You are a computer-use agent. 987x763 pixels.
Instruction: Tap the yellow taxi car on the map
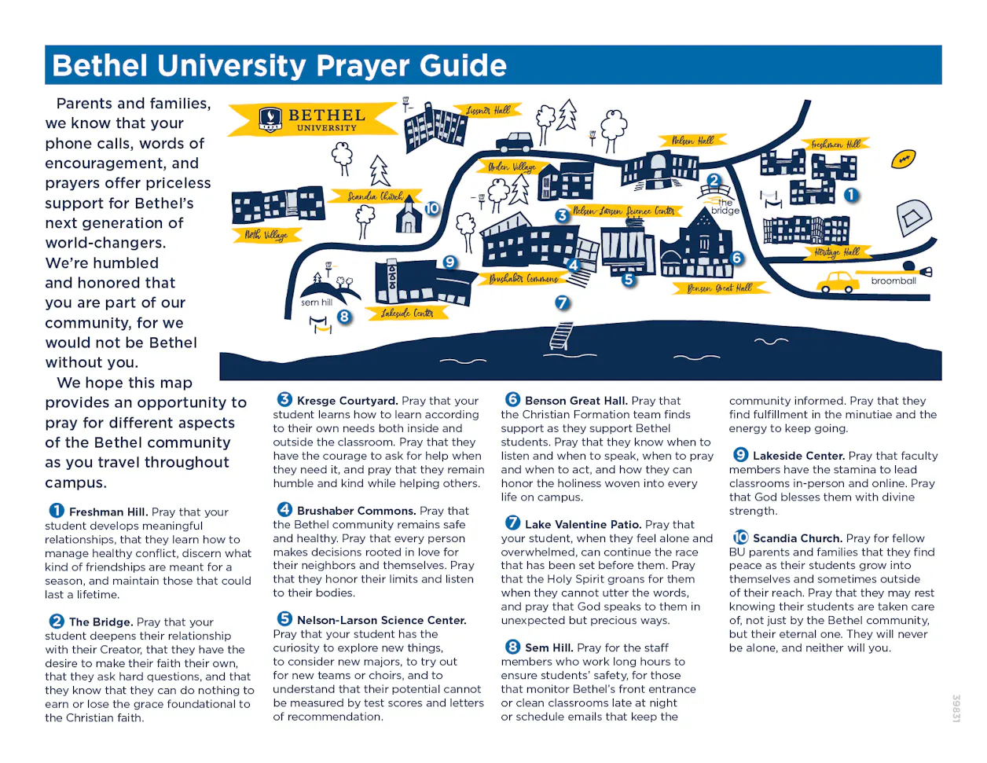pyautogui.click(x=838, y=281)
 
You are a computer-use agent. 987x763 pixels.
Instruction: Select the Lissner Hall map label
pyautogui.click(x=488, y=111)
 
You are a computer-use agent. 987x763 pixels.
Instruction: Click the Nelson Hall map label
pyautogui.click(x=692, y=141)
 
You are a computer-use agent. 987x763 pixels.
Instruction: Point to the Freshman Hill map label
pyautogui.click(x=835, y=145)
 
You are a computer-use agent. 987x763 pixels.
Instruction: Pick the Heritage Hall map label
pyautogui.click(x=837, y=252)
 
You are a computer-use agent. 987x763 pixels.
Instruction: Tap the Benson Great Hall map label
pyautogui.click(x=719, y=288)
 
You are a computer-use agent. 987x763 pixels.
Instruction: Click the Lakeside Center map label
pyautogui.click(x=407, y=313)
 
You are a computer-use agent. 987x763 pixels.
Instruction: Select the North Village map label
pyautogui.click(x=266, y=234)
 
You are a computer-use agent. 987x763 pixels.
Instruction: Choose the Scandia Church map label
pyautogui.click(x=375, y=196)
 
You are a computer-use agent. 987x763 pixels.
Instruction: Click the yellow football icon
pyautogui.click(x=904, y=160)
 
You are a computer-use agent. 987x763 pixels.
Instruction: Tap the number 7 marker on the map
pyautogui.click(x=562, y=303)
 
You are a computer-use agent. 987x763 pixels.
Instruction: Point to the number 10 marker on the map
pyautogui.click(x=432, y=208)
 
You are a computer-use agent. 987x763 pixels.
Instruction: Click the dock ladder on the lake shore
pyautogui.click(x=561, y=336)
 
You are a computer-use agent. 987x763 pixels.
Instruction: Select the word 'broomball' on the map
pyautogui.click(x=893, y=281)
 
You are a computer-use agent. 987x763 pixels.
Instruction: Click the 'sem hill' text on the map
pyautogui.click(x=317, y=302)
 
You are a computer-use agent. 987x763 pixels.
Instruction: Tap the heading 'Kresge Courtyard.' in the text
pyautogui.click(x=347, y=401)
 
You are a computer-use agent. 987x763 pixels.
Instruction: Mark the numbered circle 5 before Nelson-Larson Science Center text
pyautogui.click(x=284, y=619)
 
